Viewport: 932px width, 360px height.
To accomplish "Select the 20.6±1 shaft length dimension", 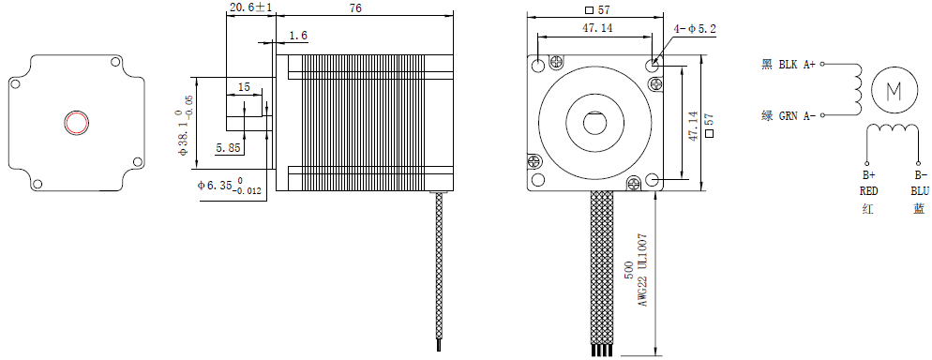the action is pos(250,7).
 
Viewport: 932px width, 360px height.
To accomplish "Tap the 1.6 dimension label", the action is pos(298,37).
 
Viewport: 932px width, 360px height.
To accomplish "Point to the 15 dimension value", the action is pos(244,87).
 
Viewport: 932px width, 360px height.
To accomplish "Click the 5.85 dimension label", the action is pos(229,148).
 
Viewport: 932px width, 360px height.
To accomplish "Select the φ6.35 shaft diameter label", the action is pos(230,186).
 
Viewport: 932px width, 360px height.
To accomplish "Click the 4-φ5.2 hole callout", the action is pos(695,28).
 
